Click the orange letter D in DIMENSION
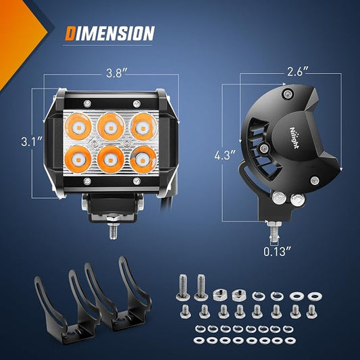(70, 33)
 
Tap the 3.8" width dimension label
(117, 74)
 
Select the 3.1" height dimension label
(32, 141)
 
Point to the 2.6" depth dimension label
(298, 72)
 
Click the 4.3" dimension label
(225, 155)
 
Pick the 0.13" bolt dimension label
(277, 252)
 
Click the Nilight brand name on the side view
(294, 138)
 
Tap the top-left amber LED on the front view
(78, 127)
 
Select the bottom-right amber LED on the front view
(143, 159)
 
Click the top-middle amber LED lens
(111, 126)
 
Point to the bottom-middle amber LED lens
(111, 159)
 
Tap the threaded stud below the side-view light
(274, 231)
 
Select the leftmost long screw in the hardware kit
(182, 287)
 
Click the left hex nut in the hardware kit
(220, 294)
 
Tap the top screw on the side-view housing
(287, 93)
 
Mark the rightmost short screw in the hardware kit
(311, 311)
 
